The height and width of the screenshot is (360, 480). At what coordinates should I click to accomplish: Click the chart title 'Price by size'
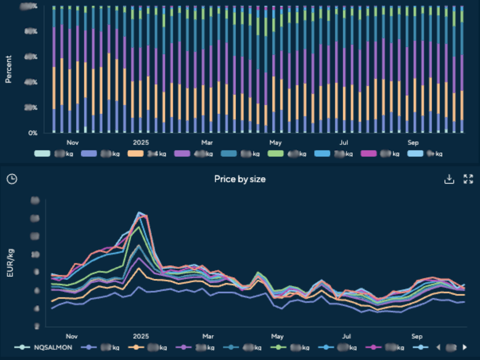(x=240, y=179)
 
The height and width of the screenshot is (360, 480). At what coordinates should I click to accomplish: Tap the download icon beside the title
(x=449, y=179)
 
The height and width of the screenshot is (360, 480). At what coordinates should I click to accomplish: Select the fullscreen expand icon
(x=468, y=179)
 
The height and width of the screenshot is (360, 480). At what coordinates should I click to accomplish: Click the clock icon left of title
(x=12, y=179)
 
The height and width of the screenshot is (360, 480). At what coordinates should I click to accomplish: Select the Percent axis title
(x=8, y=69)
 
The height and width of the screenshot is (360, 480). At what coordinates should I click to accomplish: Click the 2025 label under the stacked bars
(x=141, y=143)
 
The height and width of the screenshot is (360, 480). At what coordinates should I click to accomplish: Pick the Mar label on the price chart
(x=208, y=336)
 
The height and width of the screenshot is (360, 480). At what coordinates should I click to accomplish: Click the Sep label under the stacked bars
(x=413, y=143)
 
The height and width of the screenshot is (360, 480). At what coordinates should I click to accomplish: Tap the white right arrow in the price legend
(x=464, y=347)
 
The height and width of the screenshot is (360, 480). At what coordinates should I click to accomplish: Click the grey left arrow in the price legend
(x=438, y=347)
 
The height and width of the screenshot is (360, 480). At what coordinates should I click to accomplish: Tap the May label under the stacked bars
(x=276, y=143)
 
